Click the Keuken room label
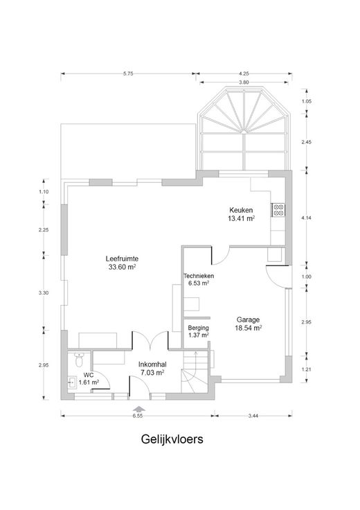[x=241, y=210]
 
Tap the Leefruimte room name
[x=122, y=259]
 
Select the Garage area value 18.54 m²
[x=249, y=328]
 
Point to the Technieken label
[x=199, y=276]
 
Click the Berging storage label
[x=198, y=328]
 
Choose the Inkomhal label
[x=152, y=364]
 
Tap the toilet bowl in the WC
[x=79, y=360]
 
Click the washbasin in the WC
[x=73, y=382]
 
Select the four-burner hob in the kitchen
[x=278, y=210]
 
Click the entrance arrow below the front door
[x=139, y=409]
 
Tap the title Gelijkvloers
[x=172, y=439]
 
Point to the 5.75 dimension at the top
[x=128, y=74]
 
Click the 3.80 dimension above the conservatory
[x=244, y=82]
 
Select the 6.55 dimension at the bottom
[x=138, y=416]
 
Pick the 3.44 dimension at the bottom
[x=253, y=416]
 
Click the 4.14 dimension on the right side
[x=307, y=218]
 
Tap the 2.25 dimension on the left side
[x=44, y=229]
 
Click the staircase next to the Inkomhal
[x=195, y=373]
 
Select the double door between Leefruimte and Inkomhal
[x=150, y=341]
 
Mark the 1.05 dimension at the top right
[x=307, y=101]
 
